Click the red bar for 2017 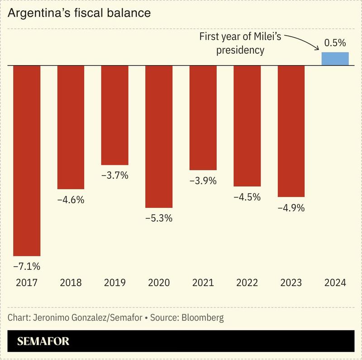pos(27,161)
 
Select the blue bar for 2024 pos(335,59)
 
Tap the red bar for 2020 pos(159,136)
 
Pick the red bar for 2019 pos(114,115)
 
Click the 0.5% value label pos(335,43)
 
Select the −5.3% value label pos(159,218)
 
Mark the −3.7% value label pos(114,175)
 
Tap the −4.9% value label pos(291,208)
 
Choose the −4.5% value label pos(247,197)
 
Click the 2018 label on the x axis pos(71,283)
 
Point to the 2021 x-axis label pos(203,283)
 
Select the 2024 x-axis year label pos(335,283)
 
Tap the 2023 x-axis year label pos(291,283)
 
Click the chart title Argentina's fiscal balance pos(79,13)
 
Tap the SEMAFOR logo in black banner pos(43,341)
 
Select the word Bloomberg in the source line pos(202,317)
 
